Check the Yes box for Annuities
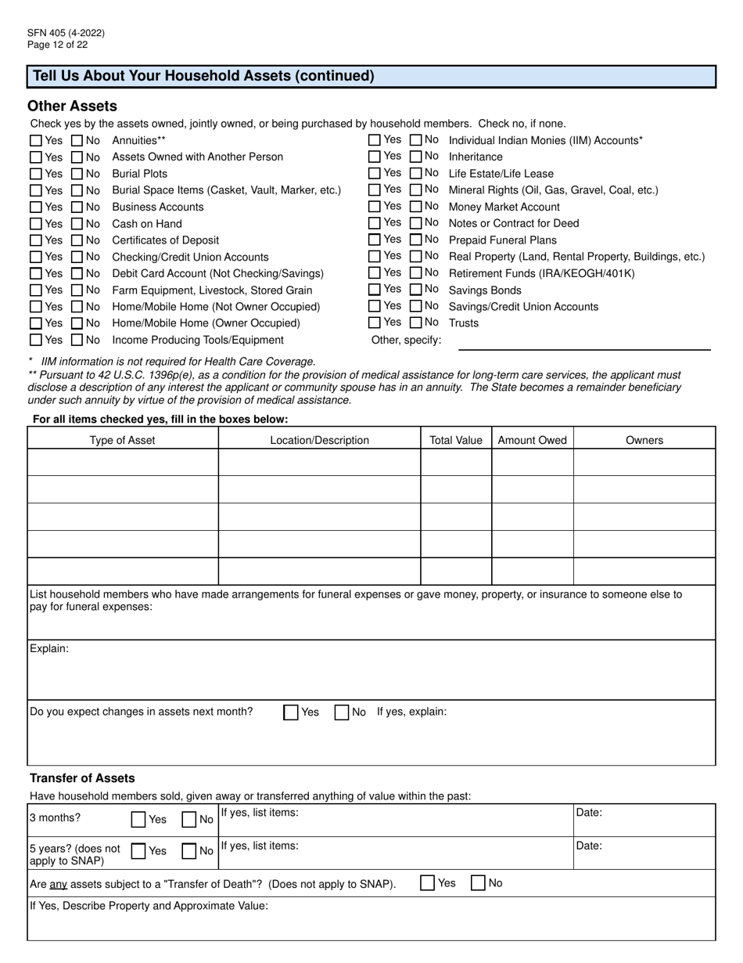pos(36,141)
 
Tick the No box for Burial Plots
pos(77,174)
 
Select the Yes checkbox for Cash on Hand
pos(36,224)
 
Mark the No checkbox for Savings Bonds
pos(416,290)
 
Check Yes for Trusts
pos(375,323)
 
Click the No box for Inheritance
pos(416,157)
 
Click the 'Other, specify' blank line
pos(583,342)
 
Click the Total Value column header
pos(456,440)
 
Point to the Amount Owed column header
pos(532,440)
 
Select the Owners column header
pos(644,440)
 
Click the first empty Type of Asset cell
pos(123,463)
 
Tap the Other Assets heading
pos(72,106)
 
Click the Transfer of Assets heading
pos(82,778)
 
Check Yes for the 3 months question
pos(138,820)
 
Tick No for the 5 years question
pos(188,851)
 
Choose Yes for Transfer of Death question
pos(428,883)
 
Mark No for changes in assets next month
pos(342,712)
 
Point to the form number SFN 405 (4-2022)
pos(66,33)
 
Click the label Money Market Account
pos(504,207)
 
